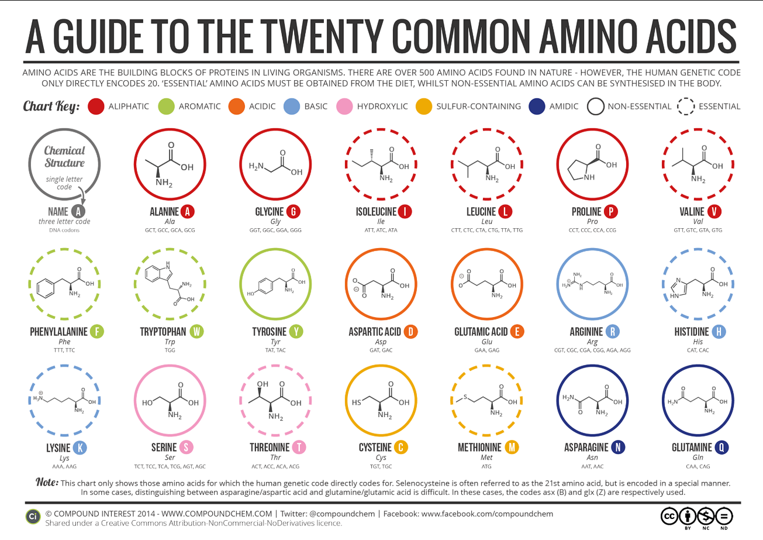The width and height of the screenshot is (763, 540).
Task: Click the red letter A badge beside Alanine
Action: tap(187, 212)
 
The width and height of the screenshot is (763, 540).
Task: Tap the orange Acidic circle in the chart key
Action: tap(236, 106)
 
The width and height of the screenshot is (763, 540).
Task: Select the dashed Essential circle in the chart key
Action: tap(686, 106)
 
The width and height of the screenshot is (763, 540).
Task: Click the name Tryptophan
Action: tap(163, 332)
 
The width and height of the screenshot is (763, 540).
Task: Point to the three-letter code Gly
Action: tap(275, 222)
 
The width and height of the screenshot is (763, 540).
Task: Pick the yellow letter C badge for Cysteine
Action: tap(401, 448)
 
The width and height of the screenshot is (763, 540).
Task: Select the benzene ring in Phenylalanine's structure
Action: tap(45, 288)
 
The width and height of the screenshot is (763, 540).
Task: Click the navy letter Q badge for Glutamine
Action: tap(722, 448)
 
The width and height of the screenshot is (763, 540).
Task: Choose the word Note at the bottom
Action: tap(47, 483)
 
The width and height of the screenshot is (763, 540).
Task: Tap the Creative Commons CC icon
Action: tap(669, 516)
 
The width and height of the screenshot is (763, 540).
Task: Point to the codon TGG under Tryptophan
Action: tap(170, 350)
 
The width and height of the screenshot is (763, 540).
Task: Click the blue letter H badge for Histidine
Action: tap(719, 332)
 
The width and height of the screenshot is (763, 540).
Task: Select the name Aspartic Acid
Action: tap(375, 332)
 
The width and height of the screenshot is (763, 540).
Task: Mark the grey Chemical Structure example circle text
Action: tap(64, 157)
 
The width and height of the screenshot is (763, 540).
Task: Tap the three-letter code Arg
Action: tap(592, 342)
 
